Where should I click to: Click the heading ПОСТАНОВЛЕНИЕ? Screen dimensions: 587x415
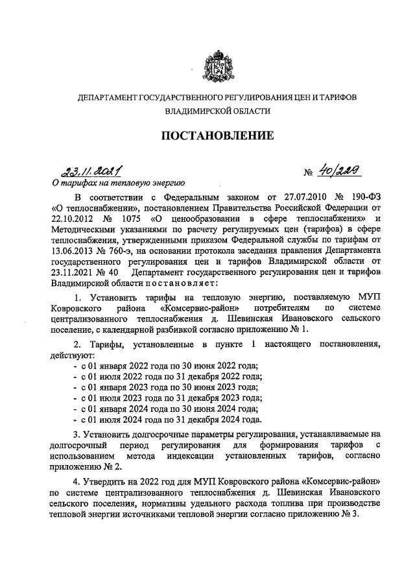click(207, 136)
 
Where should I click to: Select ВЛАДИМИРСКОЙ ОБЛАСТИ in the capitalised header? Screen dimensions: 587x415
click(208, 111)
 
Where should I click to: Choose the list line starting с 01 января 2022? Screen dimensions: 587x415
click(165, 366)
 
